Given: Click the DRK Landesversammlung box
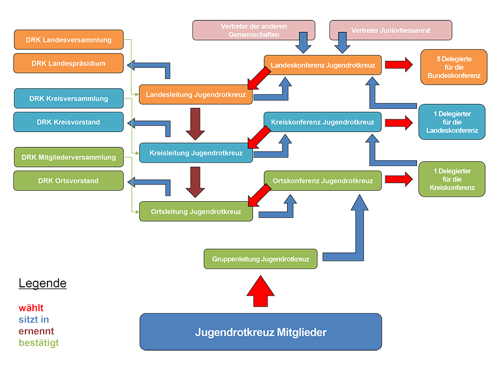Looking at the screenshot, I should pos(68,40).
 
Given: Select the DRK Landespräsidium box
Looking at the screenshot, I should pos(68,64).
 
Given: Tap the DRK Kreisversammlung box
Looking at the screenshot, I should pos(68,98).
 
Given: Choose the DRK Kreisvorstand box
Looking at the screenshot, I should pos(68,122).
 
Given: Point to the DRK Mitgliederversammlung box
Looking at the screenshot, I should pos(68,157).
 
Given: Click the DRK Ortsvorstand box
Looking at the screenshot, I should pos(68,181).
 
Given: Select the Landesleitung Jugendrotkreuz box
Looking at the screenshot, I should pos(196,95).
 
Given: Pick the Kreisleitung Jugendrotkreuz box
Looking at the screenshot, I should pos(196,153).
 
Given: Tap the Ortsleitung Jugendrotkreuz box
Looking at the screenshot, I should pos(196,212).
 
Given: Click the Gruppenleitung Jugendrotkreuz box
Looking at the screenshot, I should pos(261,259).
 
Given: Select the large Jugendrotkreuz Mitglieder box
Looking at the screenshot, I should pos(261,332).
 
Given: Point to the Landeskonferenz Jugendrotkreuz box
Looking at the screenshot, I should pos(322,65).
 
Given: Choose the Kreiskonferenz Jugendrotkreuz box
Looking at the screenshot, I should pos(322,122).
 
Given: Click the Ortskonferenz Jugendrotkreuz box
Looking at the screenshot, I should pos(322,181).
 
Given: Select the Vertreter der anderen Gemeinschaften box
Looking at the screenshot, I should pos(253,30).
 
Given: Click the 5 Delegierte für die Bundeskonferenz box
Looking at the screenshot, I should pos(453,67).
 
